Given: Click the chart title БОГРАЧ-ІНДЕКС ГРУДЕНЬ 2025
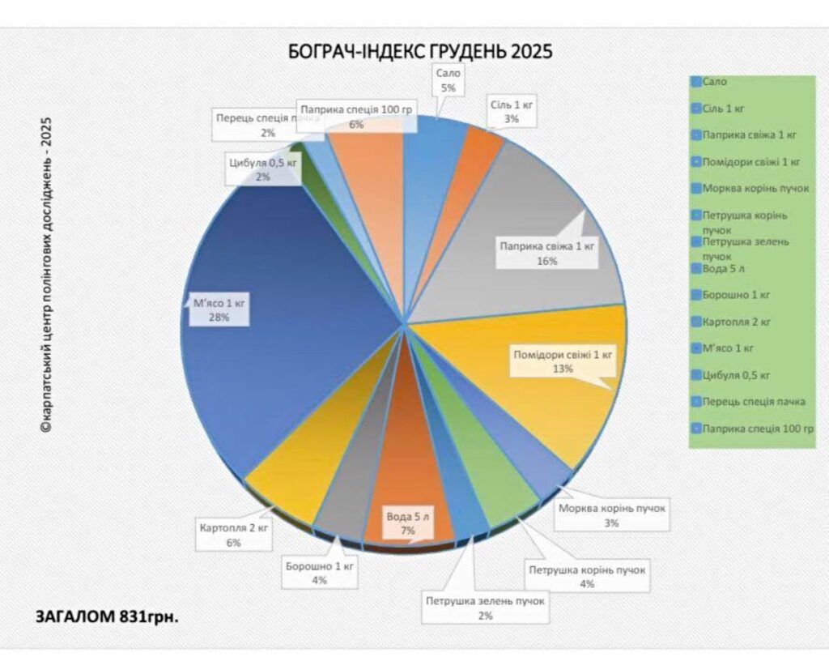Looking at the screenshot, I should pos(420,53).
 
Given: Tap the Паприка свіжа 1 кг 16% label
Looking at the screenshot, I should pos(547,253).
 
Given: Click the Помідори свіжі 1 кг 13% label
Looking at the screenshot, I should pos(563,361).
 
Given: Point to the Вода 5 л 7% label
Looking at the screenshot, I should pos(407,523).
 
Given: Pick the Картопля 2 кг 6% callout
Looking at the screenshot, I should pos(234,535).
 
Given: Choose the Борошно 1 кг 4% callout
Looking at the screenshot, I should pos(320,573).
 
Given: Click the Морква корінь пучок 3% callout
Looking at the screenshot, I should pos(612,516).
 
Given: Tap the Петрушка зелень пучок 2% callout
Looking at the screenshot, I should pos(486,608).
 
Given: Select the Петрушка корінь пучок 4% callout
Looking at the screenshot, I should pos(587,577).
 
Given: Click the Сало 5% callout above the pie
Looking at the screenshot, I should pos(448,80).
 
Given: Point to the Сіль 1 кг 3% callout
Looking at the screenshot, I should pos(513,112).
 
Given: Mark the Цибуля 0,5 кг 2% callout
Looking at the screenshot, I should pos(263,169).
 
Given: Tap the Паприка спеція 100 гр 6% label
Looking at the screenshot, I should pos(356,117).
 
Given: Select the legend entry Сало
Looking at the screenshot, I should pos(715,82).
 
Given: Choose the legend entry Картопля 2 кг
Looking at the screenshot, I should pos(737,322).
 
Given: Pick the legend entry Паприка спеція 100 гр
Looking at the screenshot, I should pos(758,428).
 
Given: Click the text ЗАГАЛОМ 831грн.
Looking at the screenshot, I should pos(107,616).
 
